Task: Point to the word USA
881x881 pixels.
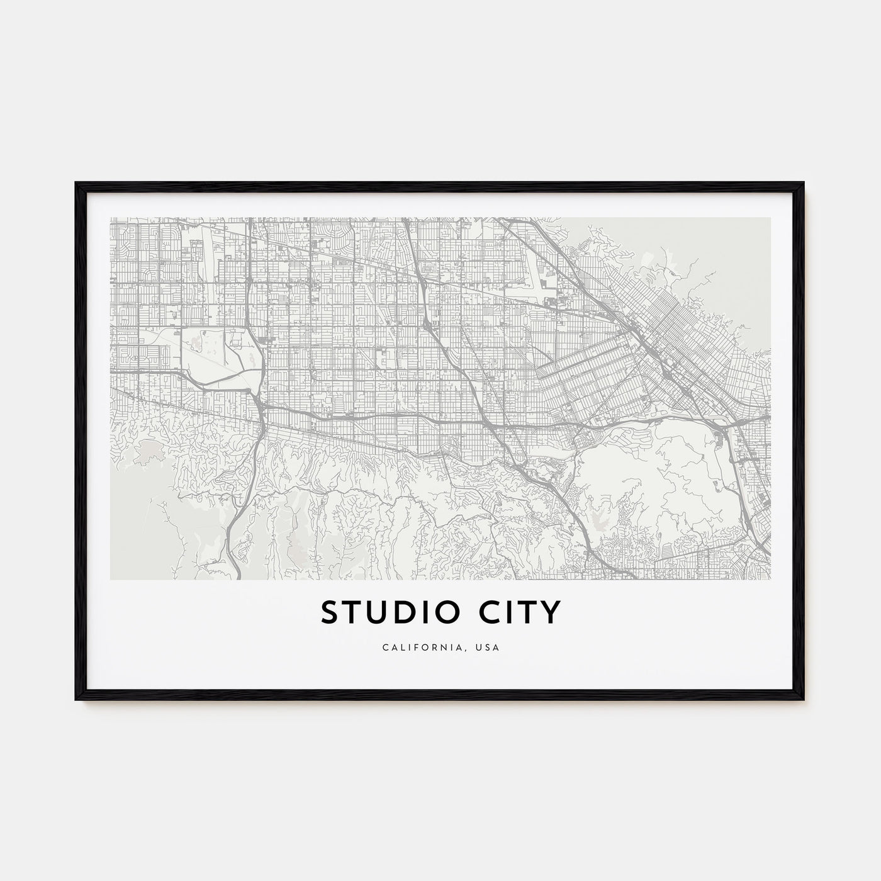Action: tap(489, 648)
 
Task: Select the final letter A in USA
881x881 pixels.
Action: tap(497, 648)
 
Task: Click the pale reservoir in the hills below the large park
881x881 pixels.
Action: tap(598, 521)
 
